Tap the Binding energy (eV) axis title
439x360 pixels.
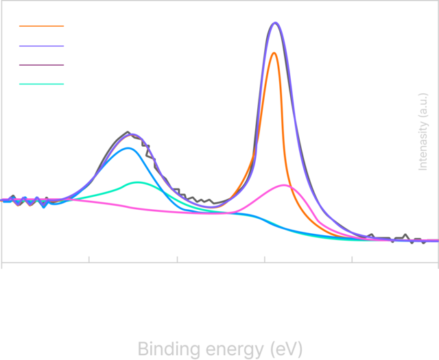[x=219, y=348]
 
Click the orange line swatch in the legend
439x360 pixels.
[x=40, y=28]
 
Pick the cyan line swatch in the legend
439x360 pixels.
[x=40, y=84]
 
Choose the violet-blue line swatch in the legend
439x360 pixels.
[x=40, y=47]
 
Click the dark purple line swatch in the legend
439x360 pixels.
[x=40, y=65]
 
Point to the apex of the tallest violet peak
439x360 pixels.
[x=275, y=23]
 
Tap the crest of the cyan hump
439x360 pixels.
[x=138, y=182]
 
